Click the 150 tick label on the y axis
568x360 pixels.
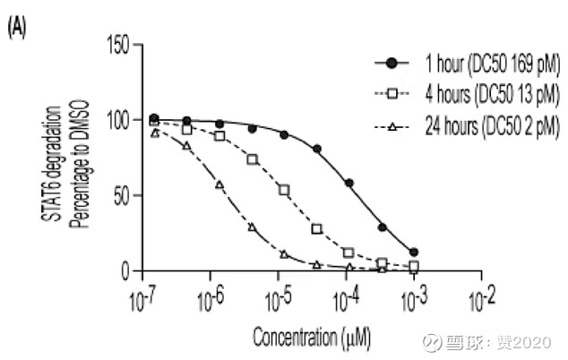pos(120,44)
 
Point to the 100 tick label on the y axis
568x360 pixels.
pos(120,120)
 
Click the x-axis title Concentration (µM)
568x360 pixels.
pos(312,339)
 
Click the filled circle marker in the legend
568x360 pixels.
pos(392,64)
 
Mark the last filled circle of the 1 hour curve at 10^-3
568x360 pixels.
pos(413,253)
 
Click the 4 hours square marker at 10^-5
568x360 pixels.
pos(285,190)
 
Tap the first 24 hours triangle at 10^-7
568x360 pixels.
pos(154,133)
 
